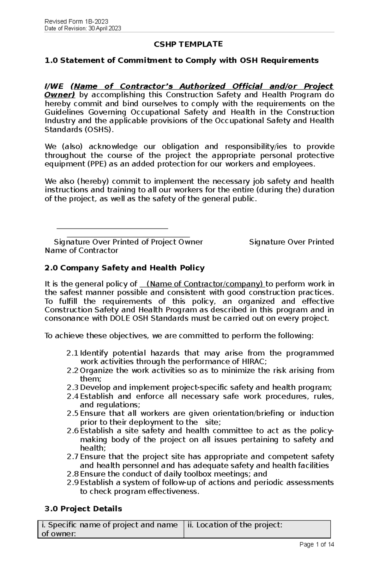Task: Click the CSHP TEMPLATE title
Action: point(188,44)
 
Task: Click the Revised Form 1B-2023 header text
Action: point(76,21)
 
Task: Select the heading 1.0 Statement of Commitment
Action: point(182,60)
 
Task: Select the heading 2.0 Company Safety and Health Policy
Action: point(125,268)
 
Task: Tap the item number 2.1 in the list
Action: point(72,353)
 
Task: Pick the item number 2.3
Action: point(72,388)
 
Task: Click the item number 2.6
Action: point(72,431)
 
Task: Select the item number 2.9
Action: point(72,483)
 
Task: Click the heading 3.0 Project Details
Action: point(83,509)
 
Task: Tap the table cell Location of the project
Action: point(235,525)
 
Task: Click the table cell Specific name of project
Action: point(110,529)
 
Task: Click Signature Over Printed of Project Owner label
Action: point(128,242)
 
